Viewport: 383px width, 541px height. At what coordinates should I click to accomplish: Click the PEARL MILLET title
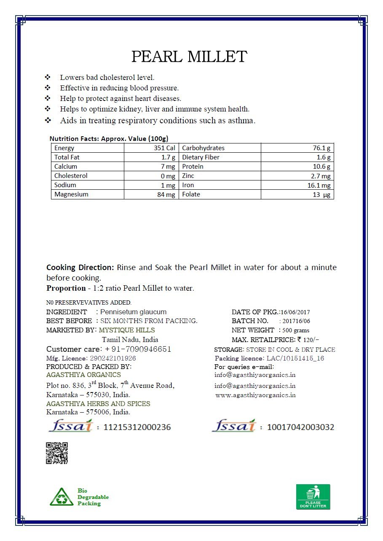(189, 57)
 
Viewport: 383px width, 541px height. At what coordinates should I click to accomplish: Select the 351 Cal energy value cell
(165, 148)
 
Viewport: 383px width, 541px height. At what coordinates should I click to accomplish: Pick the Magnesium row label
(71, 194)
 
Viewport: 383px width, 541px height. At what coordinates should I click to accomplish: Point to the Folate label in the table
(191, 194)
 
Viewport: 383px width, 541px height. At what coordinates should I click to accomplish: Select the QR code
(56, 453)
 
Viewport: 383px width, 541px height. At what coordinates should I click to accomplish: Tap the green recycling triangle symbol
(62, 497)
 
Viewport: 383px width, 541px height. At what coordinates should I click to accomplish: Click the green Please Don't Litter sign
(313, 497)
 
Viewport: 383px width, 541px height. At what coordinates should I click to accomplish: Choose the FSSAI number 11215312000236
(137, 427)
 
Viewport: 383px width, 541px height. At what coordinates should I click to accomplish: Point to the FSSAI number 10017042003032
(300, 427)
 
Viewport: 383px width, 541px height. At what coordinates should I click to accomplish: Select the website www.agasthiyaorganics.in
(255, 395)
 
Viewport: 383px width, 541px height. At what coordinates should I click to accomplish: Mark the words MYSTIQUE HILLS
(127, 330)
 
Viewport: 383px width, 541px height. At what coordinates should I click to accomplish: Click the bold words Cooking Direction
(80, 268)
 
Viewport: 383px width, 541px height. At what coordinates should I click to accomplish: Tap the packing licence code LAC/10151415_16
(295, 358)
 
